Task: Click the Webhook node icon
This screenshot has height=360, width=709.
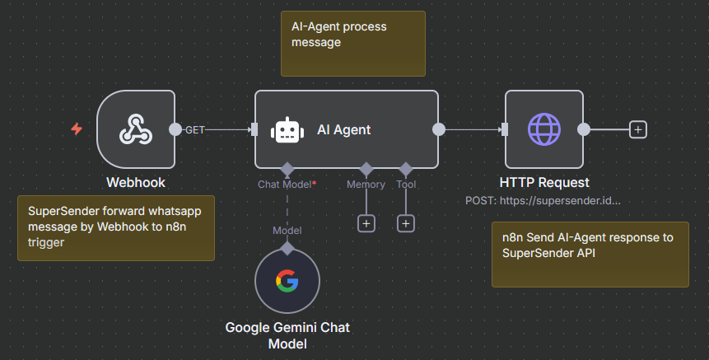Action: [x=135, y=129]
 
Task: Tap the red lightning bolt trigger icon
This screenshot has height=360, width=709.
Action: [x=77, y=129]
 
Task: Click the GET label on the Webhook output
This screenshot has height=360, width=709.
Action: [x=195, y=130]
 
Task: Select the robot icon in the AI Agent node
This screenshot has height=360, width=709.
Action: [x=286, y=129]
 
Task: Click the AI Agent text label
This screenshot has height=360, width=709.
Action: [x=343, y=129]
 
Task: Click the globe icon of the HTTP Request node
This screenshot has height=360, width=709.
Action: [x=543, y=129]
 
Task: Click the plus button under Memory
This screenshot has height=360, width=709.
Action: [x=366, y=223]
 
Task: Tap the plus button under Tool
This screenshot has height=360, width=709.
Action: [x=406, y=223]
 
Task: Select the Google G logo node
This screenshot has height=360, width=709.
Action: [x=287, y=283]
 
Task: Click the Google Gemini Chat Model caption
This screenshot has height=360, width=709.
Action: [x=287, y=335]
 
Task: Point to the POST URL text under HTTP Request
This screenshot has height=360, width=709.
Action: [x=543, y=200]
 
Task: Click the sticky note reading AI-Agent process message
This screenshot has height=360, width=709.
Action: [x=352, y=43]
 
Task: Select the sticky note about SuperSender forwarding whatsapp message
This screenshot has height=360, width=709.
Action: [x=116, y=227]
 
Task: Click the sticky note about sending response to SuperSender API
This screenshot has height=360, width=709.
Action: [x=590, y=254]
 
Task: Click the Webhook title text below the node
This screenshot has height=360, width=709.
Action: [x=136, y=182]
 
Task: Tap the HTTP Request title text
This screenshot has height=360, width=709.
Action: [x=544, y=182]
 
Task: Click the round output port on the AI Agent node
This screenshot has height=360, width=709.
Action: [x=439, y=129]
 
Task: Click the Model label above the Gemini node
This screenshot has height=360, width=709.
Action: [x=287, y=230]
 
